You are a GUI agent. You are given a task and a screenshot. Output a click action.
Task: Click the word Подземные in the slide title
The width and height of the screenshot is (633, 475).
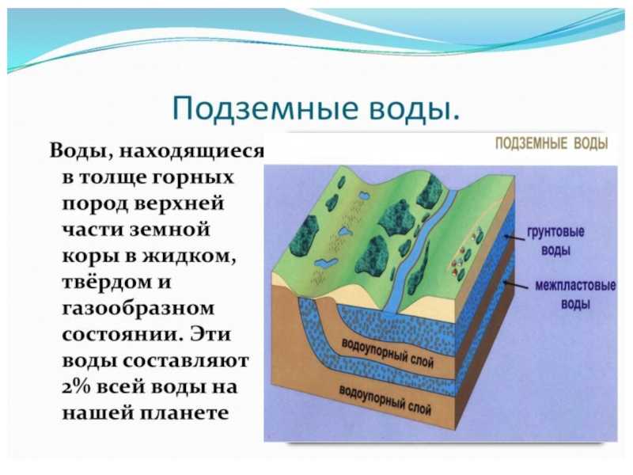[x=265, y=108]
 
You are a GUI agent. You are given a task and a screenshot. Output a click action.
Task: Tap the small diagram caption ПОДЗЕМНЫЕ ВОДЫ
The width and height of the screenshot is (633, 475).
[x=552, y=143]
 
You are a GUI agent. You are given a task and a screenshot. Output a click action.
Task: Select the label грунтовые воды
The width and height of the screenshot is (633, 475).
[x=556, y=241]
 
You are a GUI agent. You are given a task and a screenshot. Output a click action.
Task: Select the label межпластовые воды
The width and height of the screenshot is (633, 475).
[x=575, y=294]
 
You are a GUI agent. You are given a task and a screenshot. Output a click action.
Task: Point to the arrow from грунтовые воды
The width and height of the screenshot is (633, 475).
[x=514, y=237]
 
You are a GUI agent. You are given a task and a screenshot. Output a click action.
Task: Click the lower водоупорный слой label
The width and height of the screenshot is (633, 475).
[x=385, y=401]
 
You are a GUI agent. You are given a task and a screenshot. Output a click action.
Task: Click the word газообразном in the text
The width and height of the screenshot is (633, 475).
[x=138, y=309]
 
